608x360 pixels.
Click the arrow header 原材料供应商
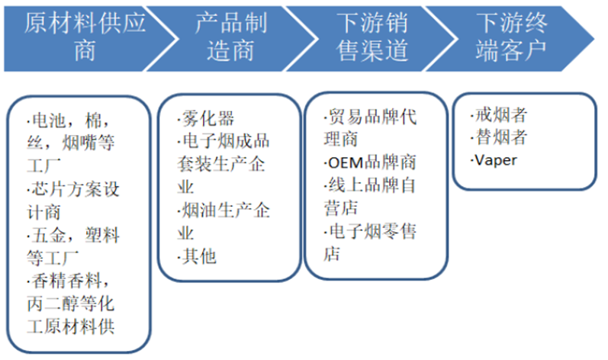pyautogui.click(x=85, y=37)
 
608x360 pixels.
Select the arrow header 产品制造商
pyautogui.click(x=231, y=37)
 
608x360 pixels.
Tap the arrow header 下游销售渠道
pyautogui.click(x=372, y=37)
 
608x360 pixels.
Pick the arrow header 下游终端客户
pyautogui.click(x=511, y=37)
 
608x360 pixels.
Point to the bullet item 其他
pyautogui.click(x=197, y=256)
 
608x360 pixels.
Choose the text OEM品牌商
pyautogui.click(x=370, y=162)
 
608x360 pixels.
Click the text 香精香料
pyautogui.click(x=66, y=281)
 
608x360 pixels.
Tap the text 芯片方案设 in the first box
pyautogui.click(x=73, y=189)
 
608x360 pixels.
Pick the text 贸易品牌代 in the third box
pyautogui.click(x=370, y=117)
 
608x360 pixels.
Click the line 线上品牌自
pyautogui.click(x=370, y=185)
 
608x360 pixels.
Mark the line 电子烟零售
pyautogui.click(x=370, y=231)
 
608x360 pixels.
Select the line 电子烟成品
pyautogui.click(x=224, y=141)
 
